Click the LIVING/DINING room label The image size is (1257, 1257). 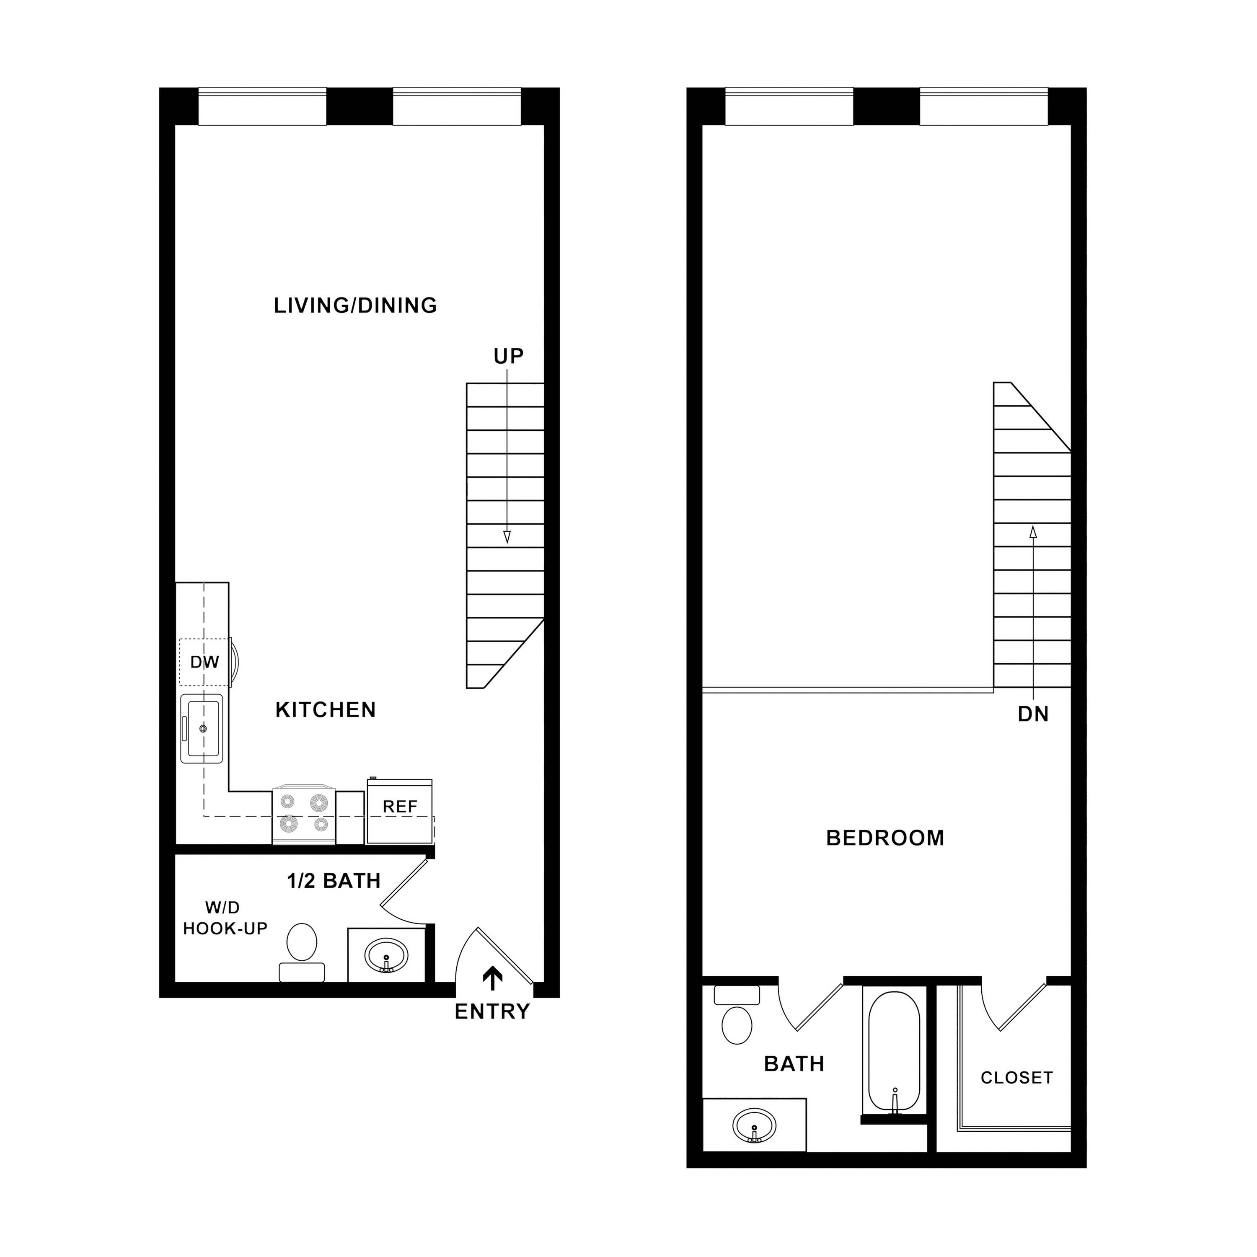[355, 306]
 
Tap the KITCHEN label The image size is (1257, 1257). [325, 710]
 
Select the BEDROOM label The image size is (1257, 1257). [885, 838]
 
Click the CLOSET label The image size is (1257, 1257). [1016, 1078]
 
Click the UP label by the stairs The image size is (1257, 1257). [508, 357]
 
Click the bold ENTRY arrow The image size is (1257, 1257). [492, 978]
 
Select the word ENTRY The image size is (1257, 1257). [492, 1012]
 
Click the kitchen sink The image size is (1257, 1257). [202, 729]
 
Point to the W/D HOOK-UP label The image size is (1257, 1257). [225, 918]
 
